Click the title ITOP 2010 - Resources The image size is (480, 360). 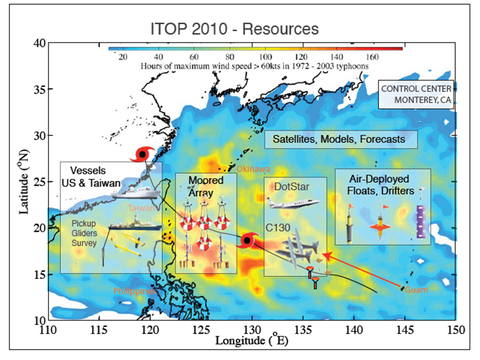click(x=234, y=29)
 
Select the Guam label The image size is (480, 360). click(x=416, y=290)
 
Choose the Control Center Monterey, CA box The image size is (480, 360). click(x=416, y=93)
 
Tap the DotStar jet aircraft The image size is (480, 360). click(x=293, y=202)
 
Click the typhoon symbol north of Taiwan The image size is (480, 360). click(x=142, y=155)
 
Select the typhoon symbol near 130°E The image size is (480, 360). click(x=246, y=240)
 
